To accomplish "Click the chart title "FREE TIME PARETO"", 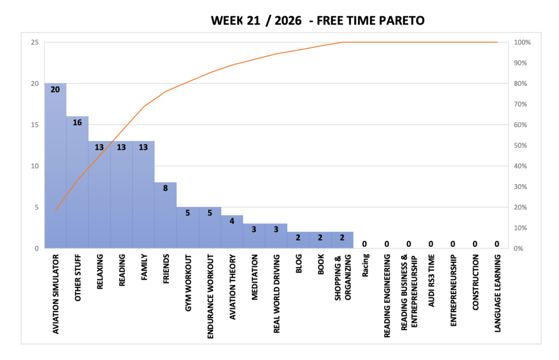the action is pos(370,21).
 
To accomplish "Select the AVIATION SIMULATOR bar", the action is pos(55,166).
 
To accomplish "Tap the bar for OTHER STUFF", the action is pos(78,182).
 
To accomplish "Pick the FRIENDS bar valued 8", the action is pos(166,215).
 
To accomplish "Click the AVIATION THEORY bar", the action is pos(232,232).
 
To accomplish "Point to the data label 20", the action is pos(55,90).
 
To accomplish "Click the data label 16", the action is pos(78,122).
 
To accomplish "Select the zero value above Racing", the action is pos(364,244).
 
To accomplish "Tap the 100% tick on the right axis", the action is pos(522,43).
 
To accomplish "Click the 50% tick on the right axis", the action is pos(520,145).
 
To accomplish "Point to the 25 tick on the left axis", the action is pos(34,43).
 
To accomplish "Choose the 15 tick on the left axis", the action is pos(34,125).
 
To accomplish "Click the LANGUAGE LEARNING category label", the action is pos(498,293).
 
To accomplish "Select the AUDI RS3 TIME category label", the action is pos(431,280).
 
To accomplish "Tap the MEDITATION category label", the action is pos(255,278).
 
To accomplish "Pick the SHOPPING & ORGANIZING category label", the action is pos(343,278).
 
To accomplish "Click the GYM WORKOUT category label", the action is pos(188,283).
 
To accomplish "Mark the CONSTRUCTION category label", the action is pos(475,282).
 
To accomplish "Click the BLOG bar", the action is pos(298,240).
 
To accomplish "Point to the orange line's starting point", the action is pos(55,210).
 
